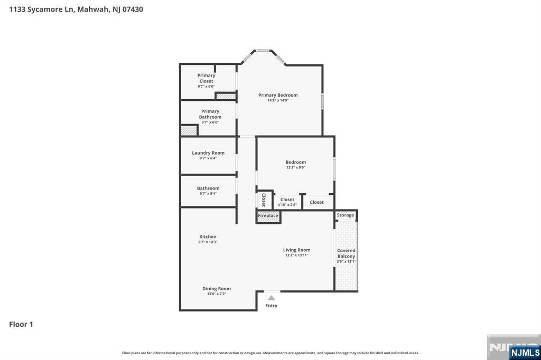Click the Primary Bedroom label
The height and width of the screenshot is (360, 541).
[x=278, y=95]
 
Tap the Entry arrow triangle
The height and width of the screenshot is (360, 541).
[x=272, y=298]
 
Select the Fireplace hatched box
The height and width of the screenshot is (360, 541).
[x=268, y=217]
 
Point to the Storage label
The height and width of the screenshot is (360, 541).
[x=346, y=215]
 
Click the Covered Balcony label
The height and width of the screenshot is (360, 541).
[x=346, y=253]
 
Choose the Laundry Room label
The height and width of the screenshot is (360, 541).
[x=208, y=153]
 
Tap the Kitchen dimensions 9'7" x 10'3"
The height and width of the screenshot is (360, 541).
[x=208, y=242]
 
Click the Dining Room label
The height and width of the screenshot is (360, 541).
[x=216, y=289]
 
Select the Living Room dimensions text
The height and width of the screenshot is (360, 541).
[x=297, y=255]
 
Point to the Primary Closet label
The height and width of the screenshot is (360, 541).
[x=207, y=78]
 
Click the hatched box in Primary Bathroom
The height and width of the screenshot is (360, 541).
[x=189, y=130]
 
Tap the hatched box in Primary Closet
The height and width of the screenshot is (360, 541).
[x=226, y=96]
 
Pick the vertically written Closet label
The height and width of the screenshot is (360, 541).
[x=264, y=200]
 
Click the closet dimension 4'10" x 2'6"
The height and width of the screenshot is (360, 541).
[x=287, y=205]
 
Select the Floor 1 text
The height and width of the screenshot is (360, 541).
[x=21, y=324]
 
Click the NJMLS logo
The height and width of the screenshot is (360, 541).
[x=525, y=353]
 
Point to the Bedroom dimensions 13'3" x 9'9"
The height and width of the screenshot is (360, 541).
[x=296, y=167]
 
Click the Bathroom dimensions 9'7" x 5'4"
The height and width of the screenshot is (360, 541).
[x=208, y=194]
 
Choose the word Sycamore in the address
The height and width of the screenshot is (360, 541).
[x=50, y=10]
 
